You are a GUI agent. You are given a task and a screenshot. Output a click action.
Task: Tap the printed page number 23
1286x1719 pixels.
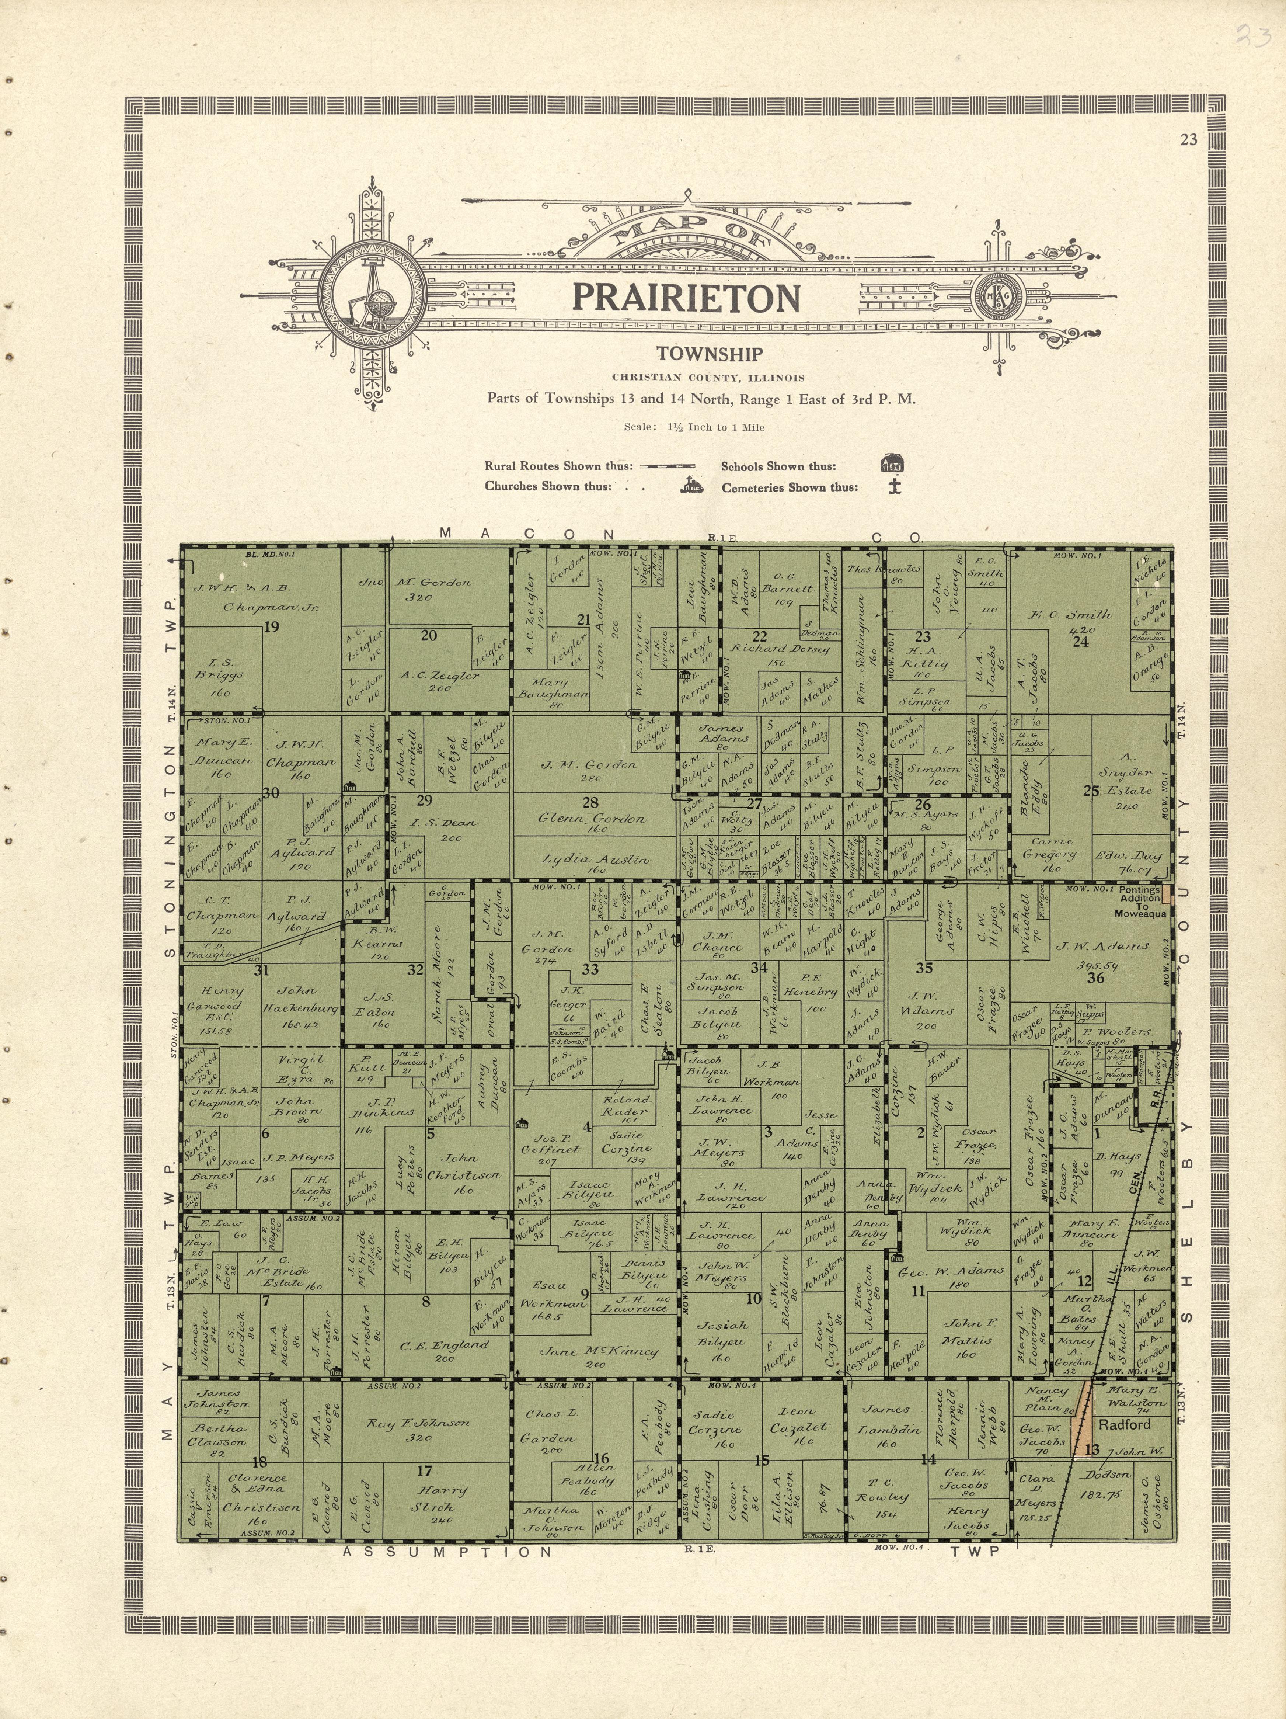pyautogui.click(x=1188, y=140)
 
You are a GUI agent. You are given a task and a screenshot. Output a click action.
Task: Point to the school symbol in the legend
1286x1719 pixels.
pyautogui.click(x=892, y=465)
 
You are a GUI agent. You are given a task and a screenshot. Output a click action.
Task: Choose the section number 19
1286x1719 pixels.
pyautogui.click(x=271, y=627)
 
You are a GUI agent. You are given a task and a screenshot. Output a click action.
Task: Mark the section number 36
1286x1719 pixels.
pyautogui.click(x=1096, y=977)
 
